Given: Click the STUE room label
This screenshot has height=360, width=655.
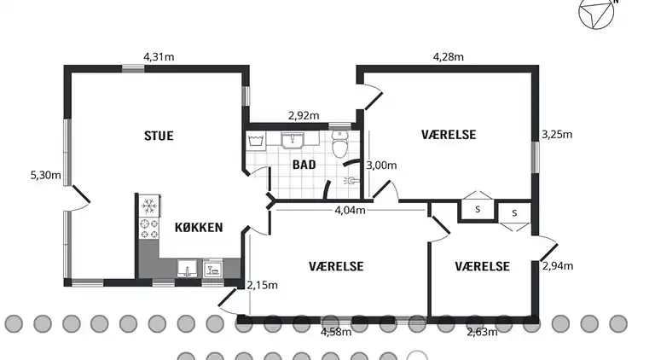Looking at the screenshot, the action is [x=159, y=136].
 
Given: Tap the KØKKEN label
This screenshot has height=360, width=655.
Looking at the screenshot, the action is [x=199, y=228].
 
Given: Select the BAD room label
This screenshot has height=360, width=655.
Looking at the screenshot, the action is [x=304, y=165].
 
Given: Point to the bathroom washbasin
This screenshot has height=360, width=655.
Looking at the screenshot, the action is [x=293, y=141].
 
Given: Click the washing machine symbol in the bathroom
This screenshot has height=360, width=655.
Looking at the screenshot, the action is [x=256, y=141].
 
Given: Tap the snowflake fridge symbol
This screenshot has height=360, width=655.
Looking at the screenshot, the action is [x=148, y=206].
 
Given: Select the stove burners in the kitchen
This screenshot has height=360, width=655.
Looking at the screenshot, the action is [x=148, y=229].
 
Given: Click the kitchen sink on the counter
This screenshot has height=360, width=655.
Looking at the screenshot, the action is [x=187, y=269].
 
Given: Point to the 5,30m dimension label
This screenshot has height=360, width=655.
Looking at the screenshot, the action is [x=45, y=175].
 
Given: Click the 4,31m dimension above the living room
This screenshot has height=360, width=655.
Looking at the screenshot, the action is [x=159, y=57].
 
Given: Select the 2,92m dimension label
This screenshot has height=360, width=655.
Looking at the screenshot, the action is [x=304, y=116].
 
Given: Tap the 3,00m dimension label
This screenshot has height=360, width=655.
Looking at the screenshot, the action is [x=381, y=165].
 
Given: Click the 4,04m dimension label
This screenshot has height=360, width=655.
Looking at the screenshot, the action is [x=350, y=210].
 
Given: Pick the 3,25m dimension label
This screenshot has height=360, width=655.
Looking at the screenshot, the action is [x=557, y=135].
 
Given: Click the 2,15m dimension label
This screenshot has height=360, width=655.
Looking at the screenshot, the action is [x=262, y=285].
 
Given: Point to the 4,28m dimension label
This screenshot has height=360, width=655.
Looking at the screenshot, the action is [x=449, y=57].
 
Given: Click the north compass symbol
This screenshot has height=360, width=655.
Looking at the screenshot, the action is [x=596, y=12].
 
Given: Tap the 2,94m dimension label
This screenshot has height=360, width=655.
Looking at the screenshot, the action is [x=558, y=266].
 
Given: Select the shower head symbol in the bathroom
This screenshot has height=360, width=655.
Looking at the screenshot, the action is [x=351, y=180].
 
